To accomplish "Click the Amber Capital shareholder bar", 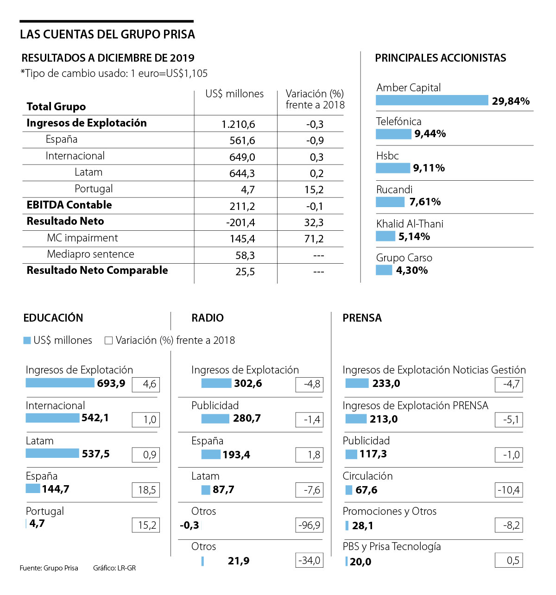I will click(x=432, y=100).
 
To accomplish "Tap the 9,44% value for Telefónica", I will click(x=430, y=134).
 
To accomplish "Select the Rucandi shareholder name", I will click(x=394, y=190).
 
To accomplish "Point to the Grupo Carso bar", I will click(x=384, y=270).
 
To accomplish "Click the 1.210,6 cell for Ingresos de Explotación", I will click(x=238, y=124).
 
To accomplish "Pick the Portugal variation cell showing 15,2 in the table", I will click(x=314, y=190).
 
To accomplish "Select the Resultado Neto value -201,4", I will click(x=240, y=222).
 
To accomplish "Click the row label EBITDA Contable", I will click(x=69, y=205).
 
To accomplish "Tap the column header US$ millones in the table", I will click(x=234, y=94).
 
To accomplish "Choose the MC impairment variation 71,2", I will click(x=314, y=239).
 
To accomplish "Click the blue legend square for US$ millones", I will click(x=27, y=341).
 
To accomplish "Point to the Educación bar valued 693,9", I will click(x=60, y=383).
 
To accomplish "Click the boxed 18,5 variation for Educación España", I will click(x=146, y=490).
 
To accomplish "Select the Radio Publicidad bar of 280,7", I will click(x=215, y=418).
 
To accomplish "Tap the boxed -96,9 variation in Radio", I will click(x=310, y=525).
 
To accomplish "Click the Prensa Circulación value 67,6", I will click(x=366, y=490).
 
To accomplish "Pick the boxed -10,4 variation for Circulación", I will click(x=509, y=490).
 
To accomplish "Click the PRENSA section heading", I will click(x=362, y=318).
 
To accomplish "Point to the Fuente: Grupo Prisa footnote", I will click(x=49, y=568).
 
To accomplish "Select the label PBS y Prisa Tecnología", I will click(x=392, y=546).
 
